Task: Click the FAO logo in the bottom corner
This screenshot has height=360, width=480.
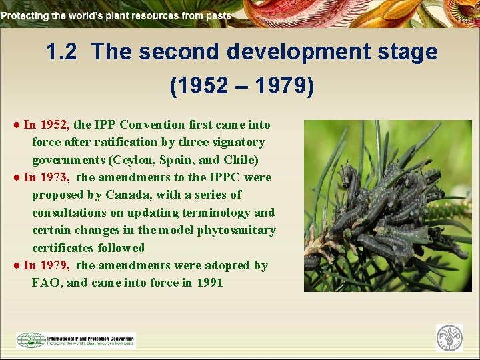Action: [x=449, y=338]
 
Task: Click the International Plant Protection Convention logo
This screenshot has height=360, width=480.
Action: [x=76, y=340]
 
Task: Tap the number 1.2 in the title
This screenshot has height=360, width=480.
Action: [x=63, y=52]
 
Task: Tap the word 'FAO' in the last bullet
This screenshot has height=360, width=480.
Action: [x=46, y=283]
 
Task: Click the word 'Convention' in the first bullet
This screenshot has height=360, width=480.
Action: [x=155, y=125]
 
